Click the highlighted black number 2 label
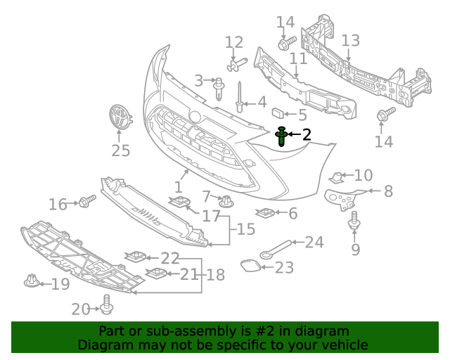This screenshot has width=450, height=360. [x=306, y=134]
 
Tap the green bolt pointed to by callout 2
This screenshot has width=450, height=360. [x=282, y=136]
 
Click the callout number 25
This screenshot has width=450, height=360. [x=121, y=150]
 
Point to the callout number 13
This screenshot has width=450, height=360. [x=350, y=41]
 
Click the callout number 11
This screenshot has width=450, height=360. [x=298, y=59]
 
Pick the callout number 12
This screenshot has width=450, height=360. [x=233, y=42]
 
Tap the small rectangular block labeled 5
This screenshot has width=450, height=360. [x=278, y=111]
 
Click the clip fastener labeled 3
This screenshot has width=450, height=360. [x=219, y=86]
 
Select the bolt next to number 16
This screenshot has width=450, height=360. [x=87, y=202]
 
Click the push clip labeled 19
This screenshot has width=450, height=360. [x=30, y=281]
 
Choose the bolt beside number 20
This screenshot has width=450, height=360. [x=107, y=304]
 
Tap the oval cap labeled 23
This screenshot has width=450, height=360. [x=250, y=266]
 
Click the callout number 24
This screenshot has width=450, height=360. [x=314, y=243]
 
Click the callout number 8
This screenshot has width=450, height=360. [x=387, y=191]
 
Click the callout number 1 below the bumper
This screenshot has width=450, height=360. [x=178, y=188]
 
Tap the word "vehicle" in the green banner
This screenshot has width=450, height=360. [x=344, y=345]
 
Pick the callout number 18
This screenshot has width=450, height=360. [x=215, y=274]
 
